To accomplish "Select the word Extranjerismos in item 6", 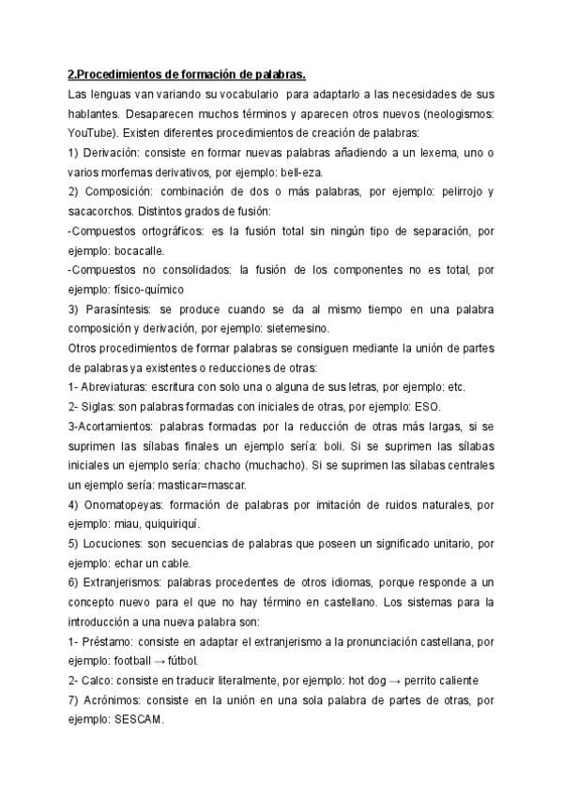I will coord(130,582).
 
